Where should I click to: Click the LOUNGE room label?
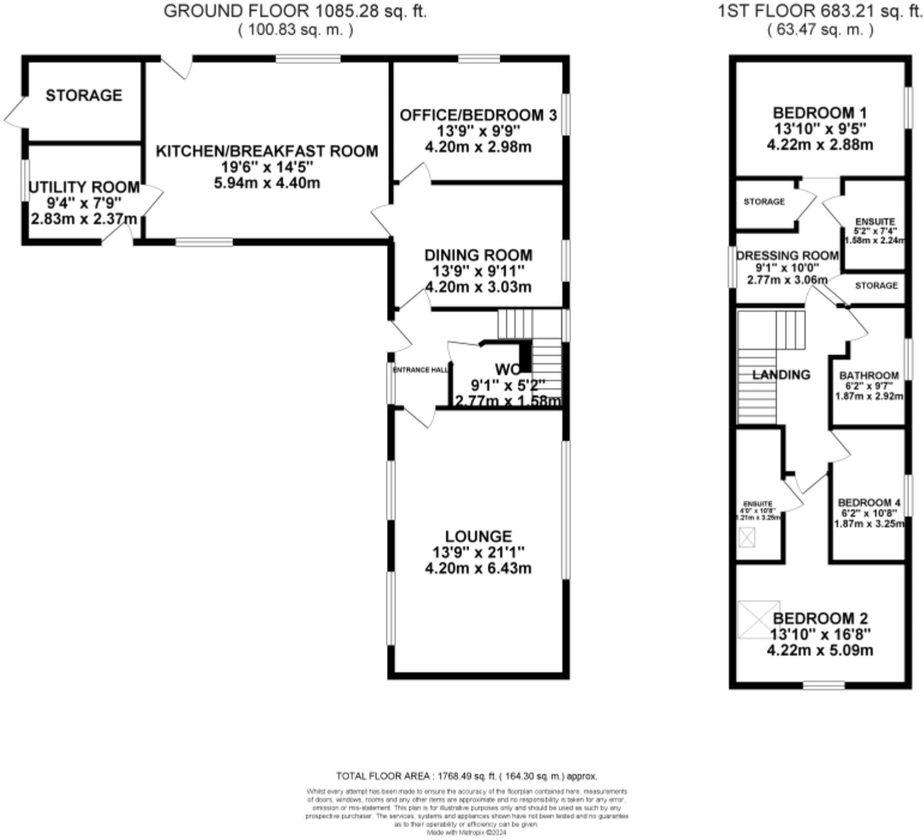[478, 536]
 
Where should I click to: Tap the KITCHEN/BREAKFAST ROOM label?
[267, 151]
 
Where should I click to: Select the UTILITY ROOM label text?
[84, 187]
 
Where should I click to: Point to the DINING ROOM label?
[478, 255]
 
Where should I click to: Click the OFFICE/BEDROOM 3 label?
[478, 115]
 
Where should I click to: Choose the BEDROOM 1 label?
[820, 113]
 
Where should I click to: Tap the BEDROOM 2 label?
[820, 618]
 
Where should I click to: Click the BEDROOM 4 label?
[868, 502]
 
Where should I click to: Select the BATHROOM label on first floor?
[869, 375]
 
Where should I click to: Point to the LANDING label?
[781, 374]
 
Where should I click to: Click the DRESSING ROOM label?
[787, 256]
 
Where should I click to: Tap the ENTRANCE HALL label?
[421, 370]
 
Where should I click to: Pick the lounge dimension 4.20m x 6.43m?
[478, 568]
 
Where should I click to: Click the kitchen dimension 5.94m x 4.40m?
[267, 183]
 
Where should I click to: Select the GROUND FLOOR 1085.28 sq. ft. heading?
[295, 12]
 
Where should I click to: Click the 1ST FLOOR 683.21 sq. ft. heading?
[820, 12]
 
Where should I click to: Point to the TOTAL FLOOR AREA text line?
[466, 776]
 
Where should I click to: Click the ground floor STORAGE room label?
[84, 95]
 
